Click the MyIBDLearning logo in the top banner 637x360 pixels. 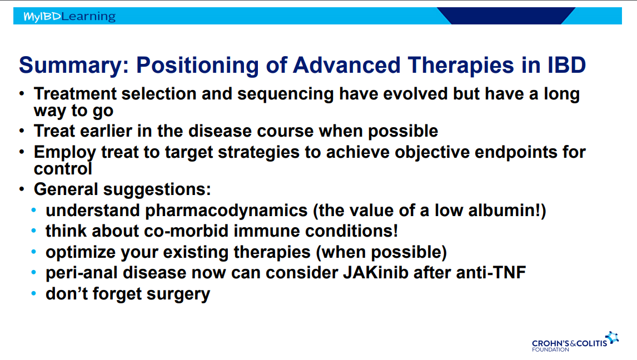69,16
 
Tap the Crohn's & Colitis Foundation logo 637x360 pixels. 575,342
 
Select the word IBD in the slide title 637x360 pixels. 567,65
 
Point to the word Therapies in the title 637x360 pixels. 461,66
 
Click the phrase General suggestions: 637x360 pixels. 122,189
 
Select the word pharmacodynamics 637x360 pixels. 226,211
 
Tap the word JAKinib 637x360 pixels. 375,273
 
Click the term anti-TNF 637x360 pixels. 491,273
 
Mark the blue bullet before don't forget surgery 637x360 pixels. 34,293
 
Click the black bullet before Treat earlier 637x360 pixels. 22,131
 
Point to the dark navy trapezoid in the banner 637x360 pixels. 506,16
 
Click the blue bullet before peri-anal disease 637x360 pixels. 34,272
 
